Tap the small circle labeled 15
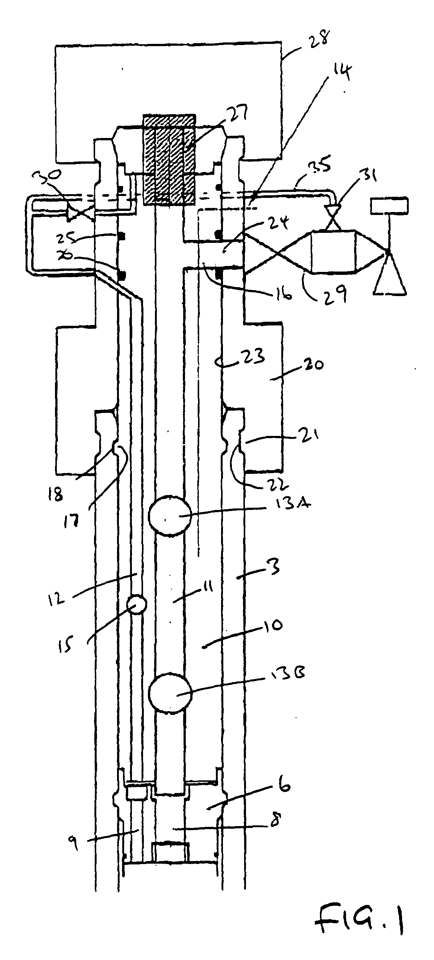(x=136, y=605)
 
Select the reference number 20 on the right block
(x=312, y=365)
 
